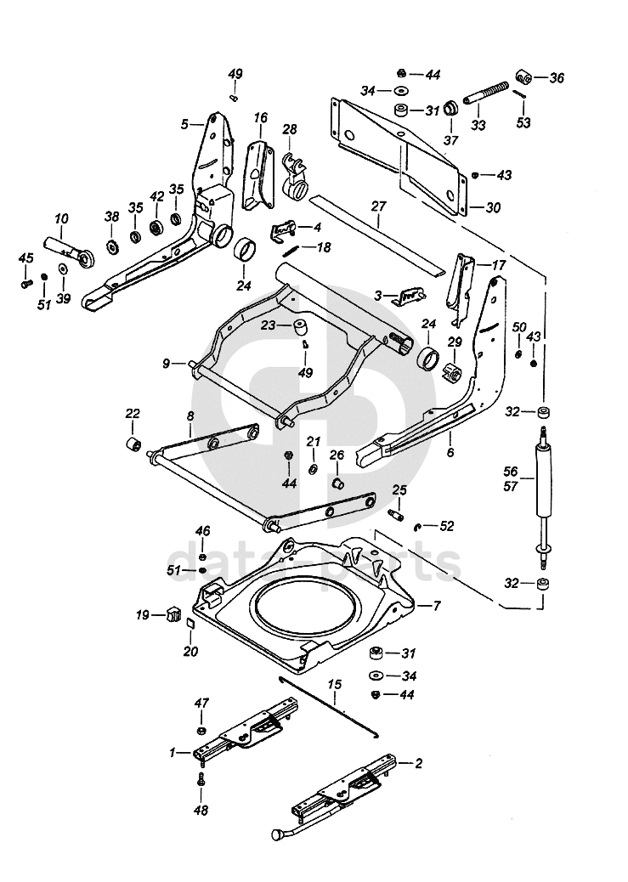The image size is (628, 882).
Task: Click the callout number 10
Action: tap(61, 218)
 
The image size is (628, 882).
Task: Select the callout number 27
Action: tap(378, 206)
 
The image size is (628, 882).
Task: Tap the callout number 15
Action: tap(334, 683)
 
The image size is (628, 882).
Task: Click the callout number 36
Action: tap(557, 78)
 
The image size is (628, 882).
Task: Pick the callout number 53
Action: tap(523, 123)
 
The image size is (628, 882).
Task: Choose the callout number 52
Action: tap(445, 527)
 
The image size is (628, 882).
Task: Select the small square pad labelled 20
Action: tap(191, 625)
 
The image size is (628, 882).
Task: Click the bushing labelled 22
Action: tap(133, 445)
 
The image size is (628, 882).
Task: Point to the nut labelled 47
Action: tap(201, 732)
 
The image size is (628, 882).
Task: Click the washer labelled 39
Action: tap(63, 269)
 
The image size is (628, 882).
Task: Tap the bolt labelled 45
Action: tap(27, 279)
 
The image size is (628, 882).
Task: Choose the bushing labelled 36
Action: tap(524, 79)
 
